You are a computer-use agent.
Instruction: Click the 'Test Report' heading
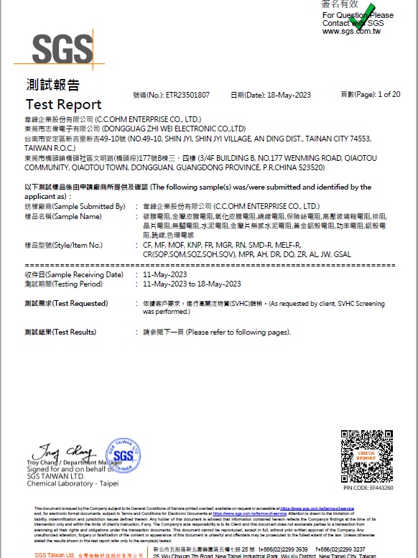[x=63, y=104]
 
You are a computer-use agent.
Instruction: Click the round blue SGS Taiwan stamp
[x=123, y=454]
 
